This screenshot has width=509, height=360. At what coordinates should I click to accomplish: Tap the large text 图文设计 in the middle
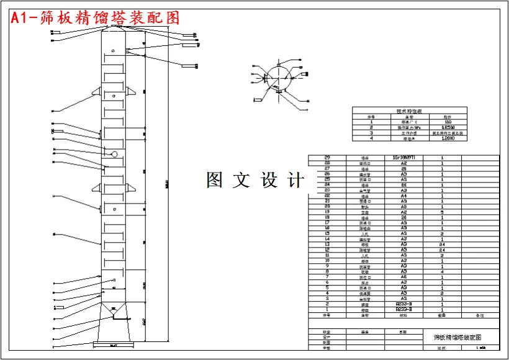pos(256,181)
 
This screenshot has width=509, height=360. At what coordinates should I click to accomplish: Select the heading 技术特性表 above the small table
pos(409,111)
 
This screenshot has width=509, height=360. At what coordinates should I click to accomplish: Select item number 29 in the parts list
pos(327,158)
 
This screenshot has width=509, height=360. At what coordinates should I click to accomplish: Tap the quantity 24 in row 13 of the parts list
pos(442,245)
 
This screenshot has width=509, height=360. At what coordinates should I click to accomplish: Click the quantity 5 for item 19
pos(442,212)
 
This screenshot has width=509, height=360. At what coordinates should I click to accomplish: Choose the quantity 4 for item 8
pos(442,272)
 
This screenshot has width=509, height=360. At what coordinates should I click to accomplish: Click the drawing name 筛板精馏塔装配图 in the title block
pos(457,337)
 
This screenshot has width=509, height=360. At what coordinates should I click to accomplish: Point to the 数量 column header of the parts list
pos(442,315)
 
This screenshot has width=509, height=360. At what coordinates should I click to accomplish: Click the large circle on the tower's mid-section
pos(115,154)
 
